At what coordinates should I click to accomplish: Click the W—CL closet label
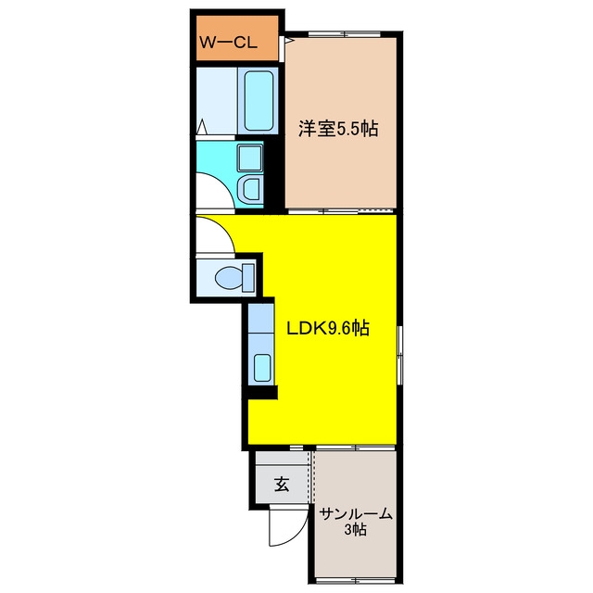click(229, 42)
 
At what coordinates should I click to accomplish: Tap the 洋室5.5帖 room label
click(338, 129)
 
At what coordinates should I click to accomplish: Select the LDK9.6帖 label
click(328, 328)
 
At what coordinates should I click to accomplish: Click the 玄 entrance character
click(282, 484)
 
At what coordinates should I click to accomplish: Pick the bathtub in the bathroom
click(259, 101)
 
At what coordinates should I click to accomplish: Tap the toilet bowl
click(229, 278)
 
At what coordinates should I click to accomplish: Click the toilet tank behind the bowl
click(248, 278)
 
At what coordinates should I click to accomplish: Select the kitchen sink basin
click(262, 368)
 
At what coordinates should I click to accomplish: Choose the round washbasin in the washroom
click(250, 189)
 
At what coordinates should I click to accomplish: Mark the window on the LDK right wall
click(399, 356)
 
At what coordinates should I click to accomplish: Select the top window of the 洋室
click(344, 34)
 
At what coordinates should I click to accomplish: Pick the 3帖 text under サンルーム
click(355, 530)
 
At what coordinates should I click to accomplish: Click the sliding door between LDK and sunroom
click(356, 448)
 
